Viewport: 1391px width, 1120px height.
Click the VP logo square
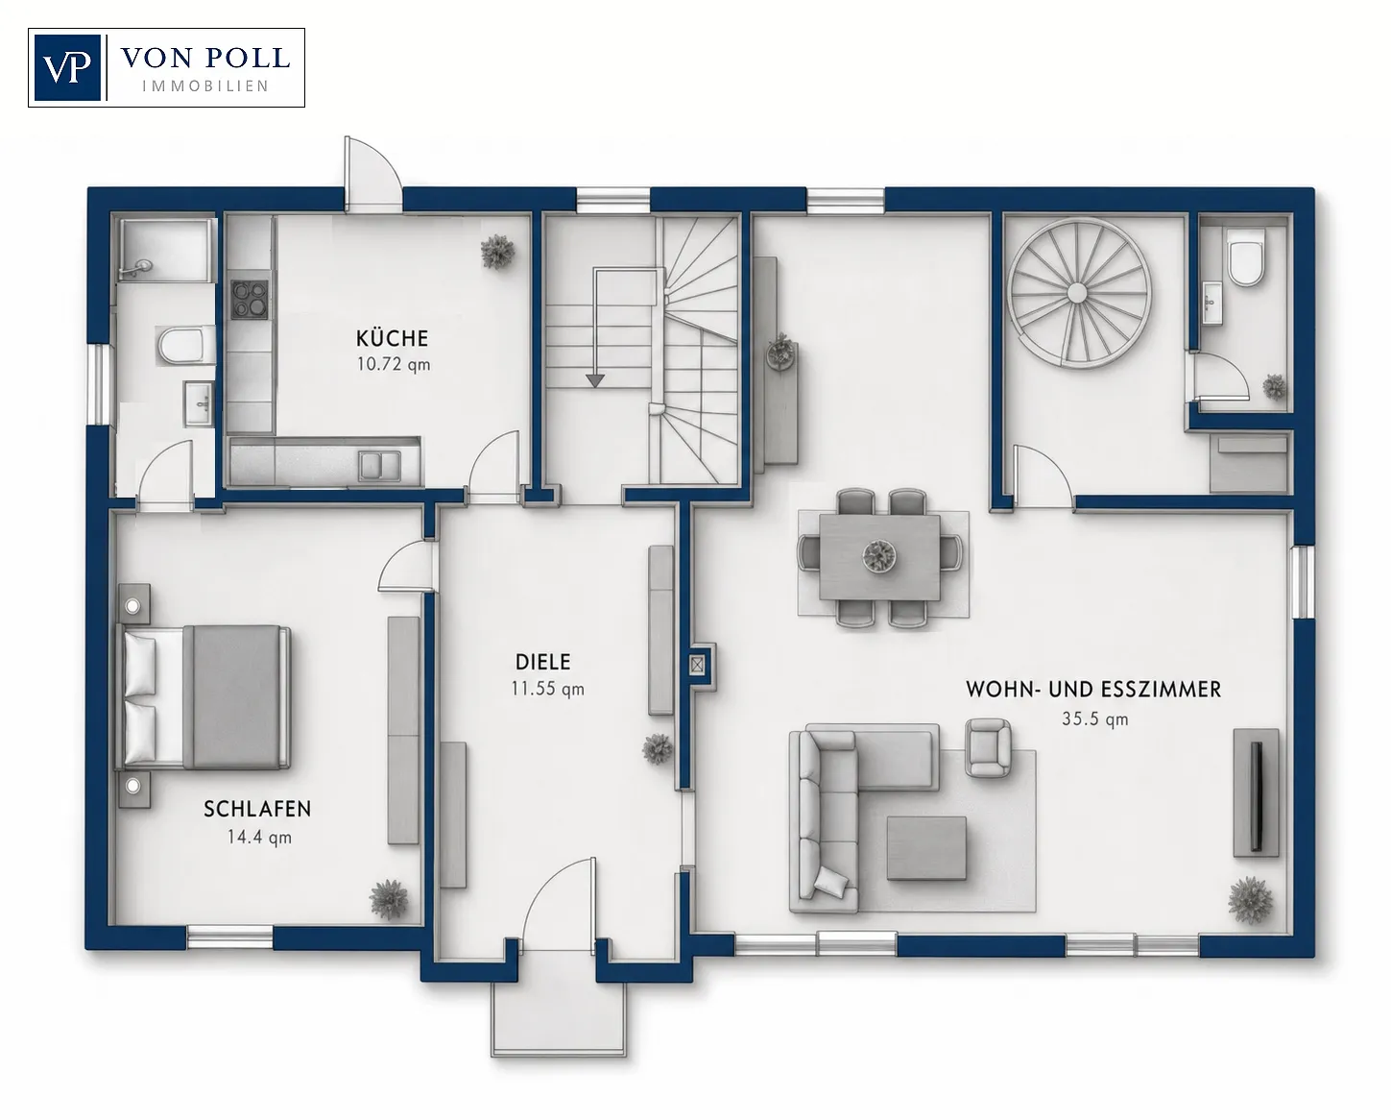coord(67,67)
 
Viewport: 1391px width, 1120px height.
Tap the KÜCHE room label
coord(392,338)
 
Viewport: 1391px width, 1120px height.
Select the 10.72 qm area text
coord(393,364)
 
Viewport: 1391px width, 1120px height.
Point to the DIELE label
coord(543,662)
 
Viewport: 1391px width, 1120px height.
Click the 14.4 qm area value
coord(258,838)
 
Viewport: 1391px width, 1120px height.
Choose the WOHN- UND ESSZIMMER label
coord(1093,689)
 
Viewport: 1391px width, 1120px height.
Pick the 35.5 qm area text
coord(1095,718)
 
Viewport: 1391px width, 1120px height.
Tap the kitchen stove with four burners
coord(250,300)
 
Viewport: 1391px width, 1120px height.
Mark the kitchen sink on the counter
coord(379,465)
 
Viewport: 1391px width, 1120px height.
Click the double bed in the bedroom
coord(203,696)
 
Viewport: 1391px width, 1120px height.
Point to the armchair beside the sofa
coord(988,747)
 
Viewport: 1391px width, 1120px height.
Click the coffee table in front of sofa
coord(926,848)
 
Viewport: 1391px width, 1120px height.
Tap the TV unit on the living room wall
coord(1256,792)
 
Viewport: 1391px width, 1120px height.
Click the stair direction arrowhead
coord(594,380)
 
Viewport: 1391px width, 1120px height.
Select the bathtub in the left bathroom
coord(167,250)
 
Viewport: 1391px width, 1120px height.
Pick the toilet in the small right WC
coord(1246,263)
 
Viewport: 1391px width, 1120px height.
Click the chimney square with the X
coord(697,664)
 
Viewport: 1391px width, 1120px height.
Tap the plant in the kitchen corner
coord(497,251)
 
